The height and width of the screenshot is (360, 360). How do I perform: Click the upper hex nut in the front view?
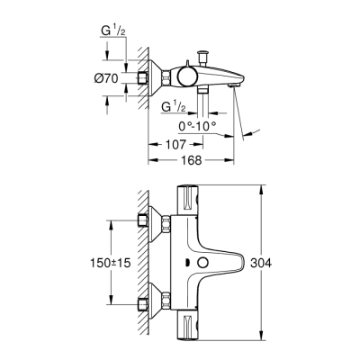pos(145,222)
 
